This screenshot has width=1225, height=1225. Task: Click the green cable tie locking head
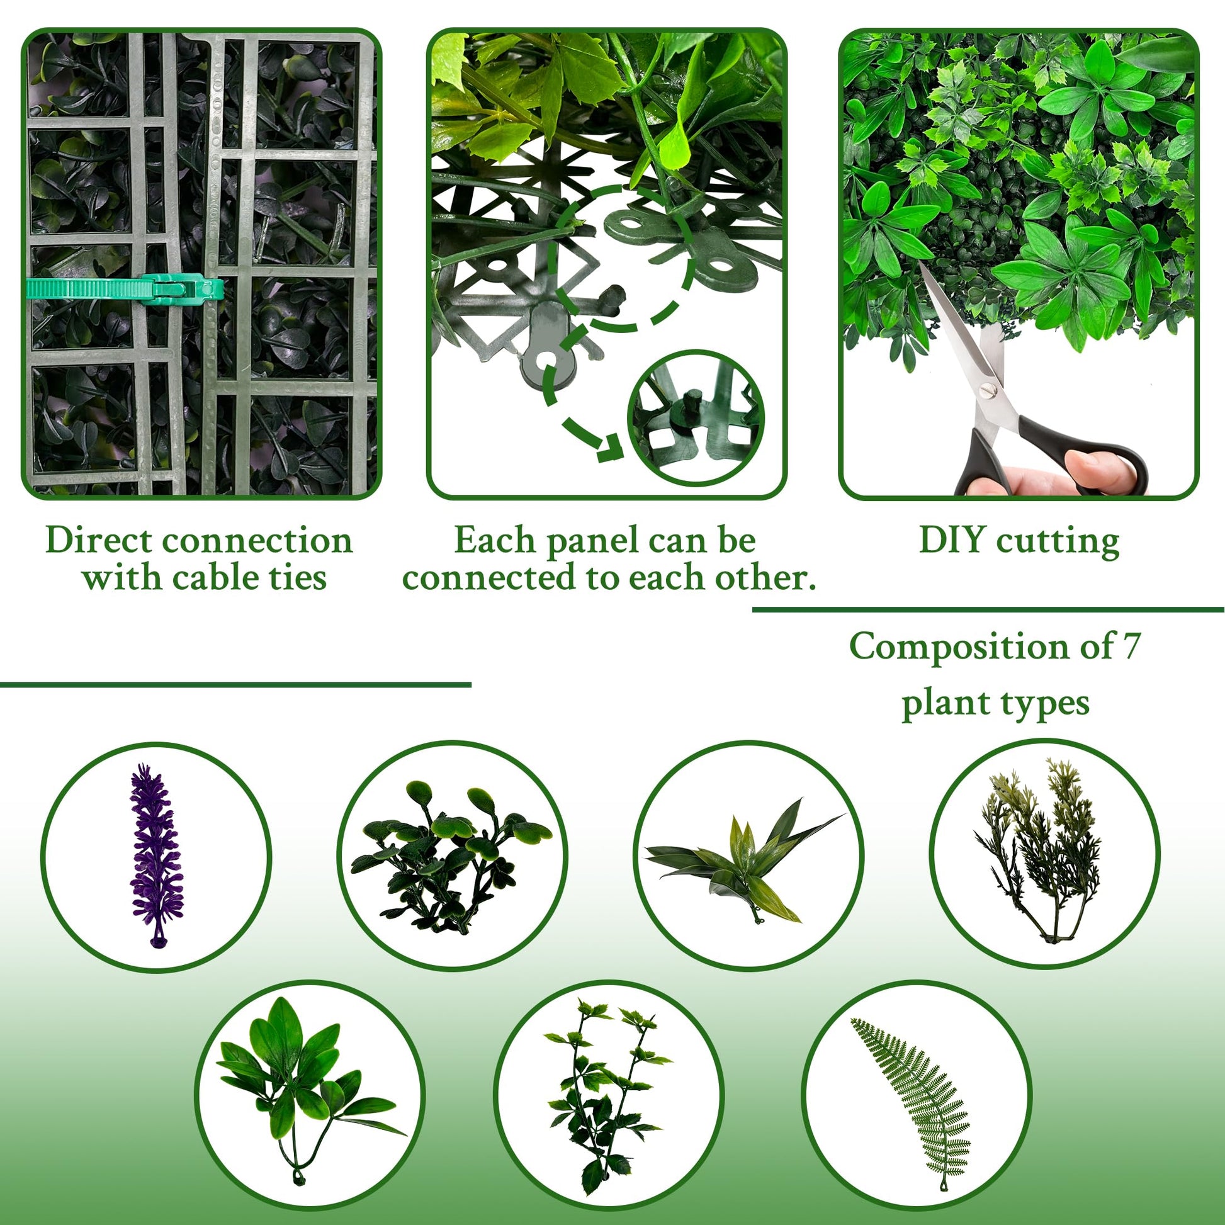(181, 289)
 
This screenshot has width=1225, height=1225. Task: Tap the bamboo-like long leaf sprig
(745, 860)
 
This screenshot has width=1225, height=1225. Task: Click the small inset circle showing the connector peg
(696, 418)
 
